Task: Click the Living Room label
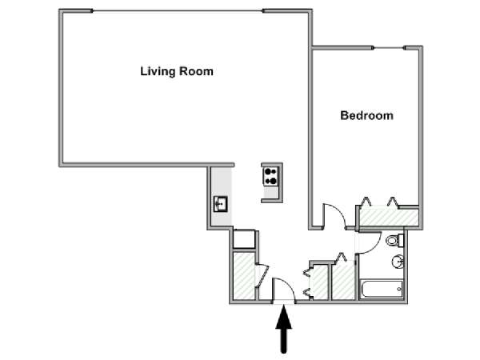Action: (x=177, y=72)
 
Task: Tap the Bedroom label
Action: (x=366, y=116)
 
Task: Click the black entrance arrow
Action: (x=284, y=329)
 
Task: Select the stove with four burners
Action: (x=270, y=176)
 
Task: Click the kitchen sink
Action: (x=221, y=204)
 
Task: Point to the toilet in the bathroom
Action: (x=395, y=240)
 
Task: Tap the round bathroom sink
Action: (x=398, y=262)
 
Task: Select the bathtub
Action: (x=382, y=289)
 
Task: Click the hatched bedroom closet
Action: (x=389, y=218)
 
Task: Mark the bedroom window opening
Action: (x=389, y=48)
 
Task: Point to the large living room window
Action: (x=178, y=11)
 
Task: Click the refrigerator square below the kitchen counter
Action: (x=244, y=239)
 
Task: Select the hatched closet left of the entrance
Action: (x=244, y=275)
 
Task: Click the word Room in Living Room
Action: (x=196, y=72)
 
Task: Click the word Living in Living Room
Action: (x=158, y=72)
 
